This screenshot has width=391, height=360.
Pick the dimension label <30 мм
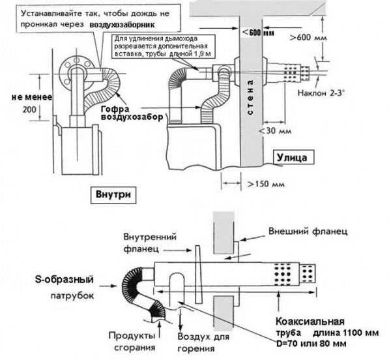tap(275, 132)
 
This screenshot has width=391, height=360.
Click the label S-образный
tap(63, 280)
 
